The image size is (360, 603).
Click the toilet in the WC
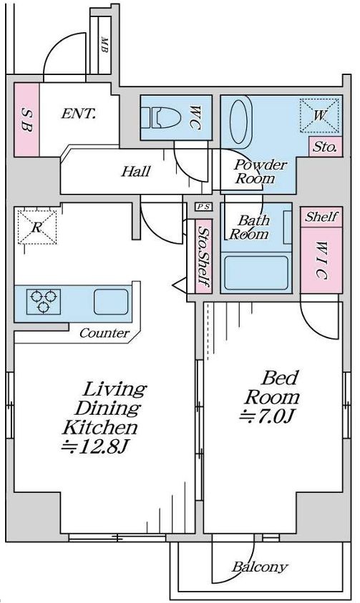(161, 118)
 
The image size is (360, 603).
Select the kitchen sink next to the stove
(111, 302)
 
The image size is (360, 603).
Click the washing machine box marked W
(320, 115)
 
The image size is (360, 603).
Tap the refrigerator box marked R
(37, 227)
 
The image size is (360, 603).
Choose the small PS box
(203, 207)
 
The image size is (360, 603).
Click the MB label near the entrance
(104, 44)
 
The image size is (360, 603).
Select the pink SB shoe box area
(27, 119)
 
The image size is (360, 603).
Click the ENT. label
(79, 114)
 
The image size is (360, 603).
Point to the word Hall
(136, 171)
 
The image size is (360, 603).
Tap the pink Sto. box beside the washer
(326, 147)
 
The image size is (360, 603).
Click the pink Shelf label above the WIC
(321, 217)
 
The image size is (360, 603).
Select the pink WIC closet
(321, 260)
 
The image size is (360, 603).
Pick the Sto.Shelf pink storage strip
(203, 256)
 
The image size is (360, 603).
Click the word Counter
(104, 333)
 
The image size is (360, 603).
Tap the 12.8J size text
(94, 446)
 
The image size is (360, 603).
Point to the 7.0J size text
(267, 416)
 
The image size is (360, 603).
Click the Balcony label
(260, 567)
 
